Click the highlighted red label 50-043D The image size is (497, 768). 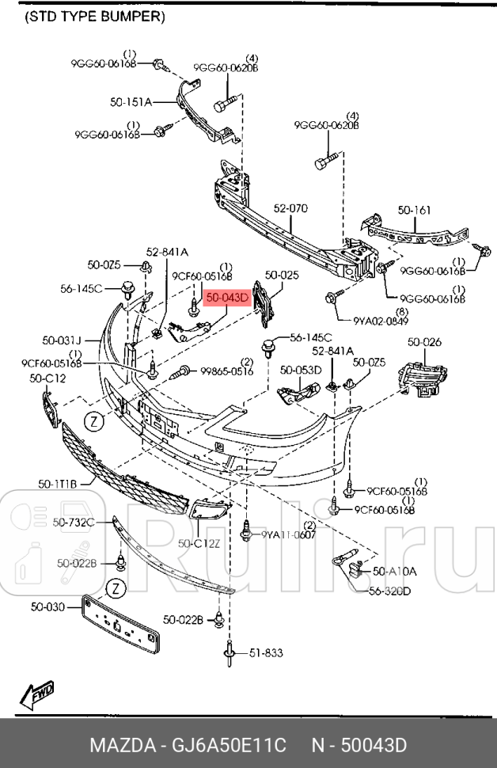click(x=227, y=298)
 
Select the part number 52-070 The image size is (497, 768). click(x=290, y=209)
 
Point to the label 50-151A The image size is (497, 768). click(x=131, y=101)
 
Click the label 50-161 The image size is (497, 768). click(x=414, y=211)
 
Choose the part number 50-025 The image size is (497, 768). click(x=282, y=276)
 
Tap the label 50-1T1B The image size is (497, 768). click(x=57, y=482)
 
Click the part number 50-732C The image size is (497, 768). click(x=74, y=522)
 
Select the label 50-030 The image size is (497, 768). click(x=47, y=607)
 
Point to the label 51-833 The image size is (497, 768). click(x=266, y=652)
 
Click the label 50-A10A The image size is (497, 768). click(x=394, y=570)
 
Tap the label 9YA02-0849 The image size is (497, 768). click(x=381, y=321)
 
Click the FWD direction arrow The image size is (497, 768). click(x=37, y=696)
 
